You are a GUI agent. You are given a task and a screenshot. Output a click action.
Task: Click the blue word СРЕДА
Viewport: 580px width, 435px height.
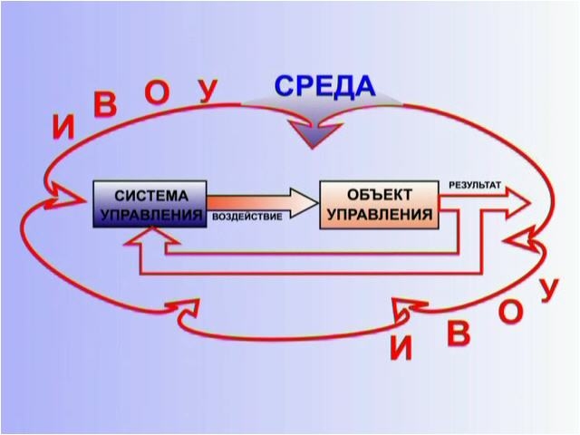(x=324, y=86)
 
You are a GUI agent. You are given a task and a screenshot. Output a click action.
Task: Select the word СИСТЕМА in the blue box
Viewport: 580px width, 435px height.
(x=151, y=195)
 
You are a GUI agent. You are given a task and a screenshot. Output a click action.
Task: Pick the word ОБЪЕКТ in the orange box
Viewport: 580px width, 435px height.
(x=379, y=195)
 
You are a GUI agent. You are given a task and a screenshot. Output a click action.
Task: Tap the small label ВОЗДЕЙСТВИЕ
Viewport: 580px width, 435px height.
(x=246, y=218)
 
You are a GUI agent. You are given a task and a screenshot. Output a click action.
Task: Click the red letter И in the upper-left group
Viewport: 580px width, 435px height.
(x=63, y=128)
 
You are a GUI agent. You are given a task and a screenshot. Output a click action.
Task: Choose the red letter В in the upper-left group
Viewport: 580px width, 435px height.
(x=106, y=106)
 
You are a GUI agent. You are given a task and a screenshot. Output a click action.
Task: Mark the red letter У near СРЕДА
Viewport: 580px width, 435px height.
(x=208, y=90)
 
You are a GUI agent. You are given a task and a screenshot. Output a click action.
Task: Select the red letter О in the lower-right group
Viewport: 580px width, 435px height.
(x=511, y=313)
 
